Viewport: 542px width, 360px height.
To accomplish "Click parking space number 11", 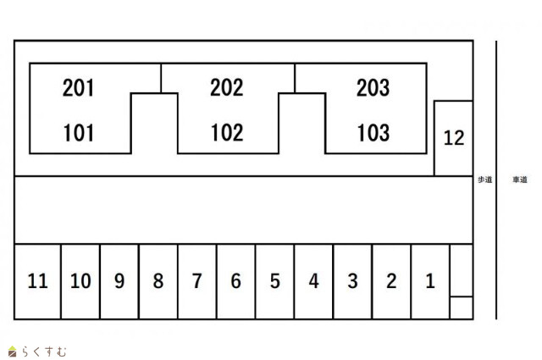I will coord(37,281).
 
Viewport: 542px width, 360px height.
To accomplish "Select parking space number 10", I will coord(80,281).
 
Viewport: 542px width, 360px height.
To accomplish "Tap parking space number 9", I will coord(119,281).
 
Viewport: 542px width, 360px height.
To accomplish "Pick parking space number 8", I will coord(158,281).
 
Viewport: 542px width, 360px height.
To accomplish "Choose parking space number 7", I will coord(197,281).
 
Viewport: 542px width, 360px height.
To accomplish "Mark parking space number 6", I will coord(236,281).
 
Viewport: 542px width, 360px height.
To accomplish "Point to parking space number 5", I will coord(275,281).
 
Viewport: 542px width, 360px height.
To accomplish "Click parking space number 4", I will coord(314,281).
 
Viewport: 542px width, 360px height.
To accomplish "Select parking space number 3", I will coord(353,281).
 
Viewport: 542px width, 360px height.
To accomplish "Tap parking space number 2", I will coord(391,281).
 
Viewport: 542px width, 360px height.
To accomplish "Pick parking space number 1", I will coord(430,281).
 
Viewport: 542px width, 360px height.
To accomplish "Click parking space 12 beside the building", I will coord(454,137).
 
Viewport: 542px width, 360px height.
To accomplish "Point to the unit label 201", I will coord(79,87).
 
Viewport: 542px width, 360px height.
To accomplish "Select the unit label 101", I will coord(79,133).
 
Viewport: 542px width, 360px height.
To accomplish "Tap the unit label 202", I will coord(226,87).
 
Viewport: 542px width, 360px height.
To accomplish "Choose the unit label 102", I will coord(226,133).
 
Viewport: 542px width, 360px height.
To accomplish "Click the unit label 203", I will coord(373,87).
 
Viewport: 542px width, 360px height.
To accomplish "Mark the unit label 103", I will coord(373,133).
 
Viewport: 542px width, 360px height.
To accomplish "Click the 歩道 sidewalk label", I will coord(484,180).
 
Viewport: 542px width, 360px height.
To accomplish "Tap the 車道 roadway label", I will coord(520,180).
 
